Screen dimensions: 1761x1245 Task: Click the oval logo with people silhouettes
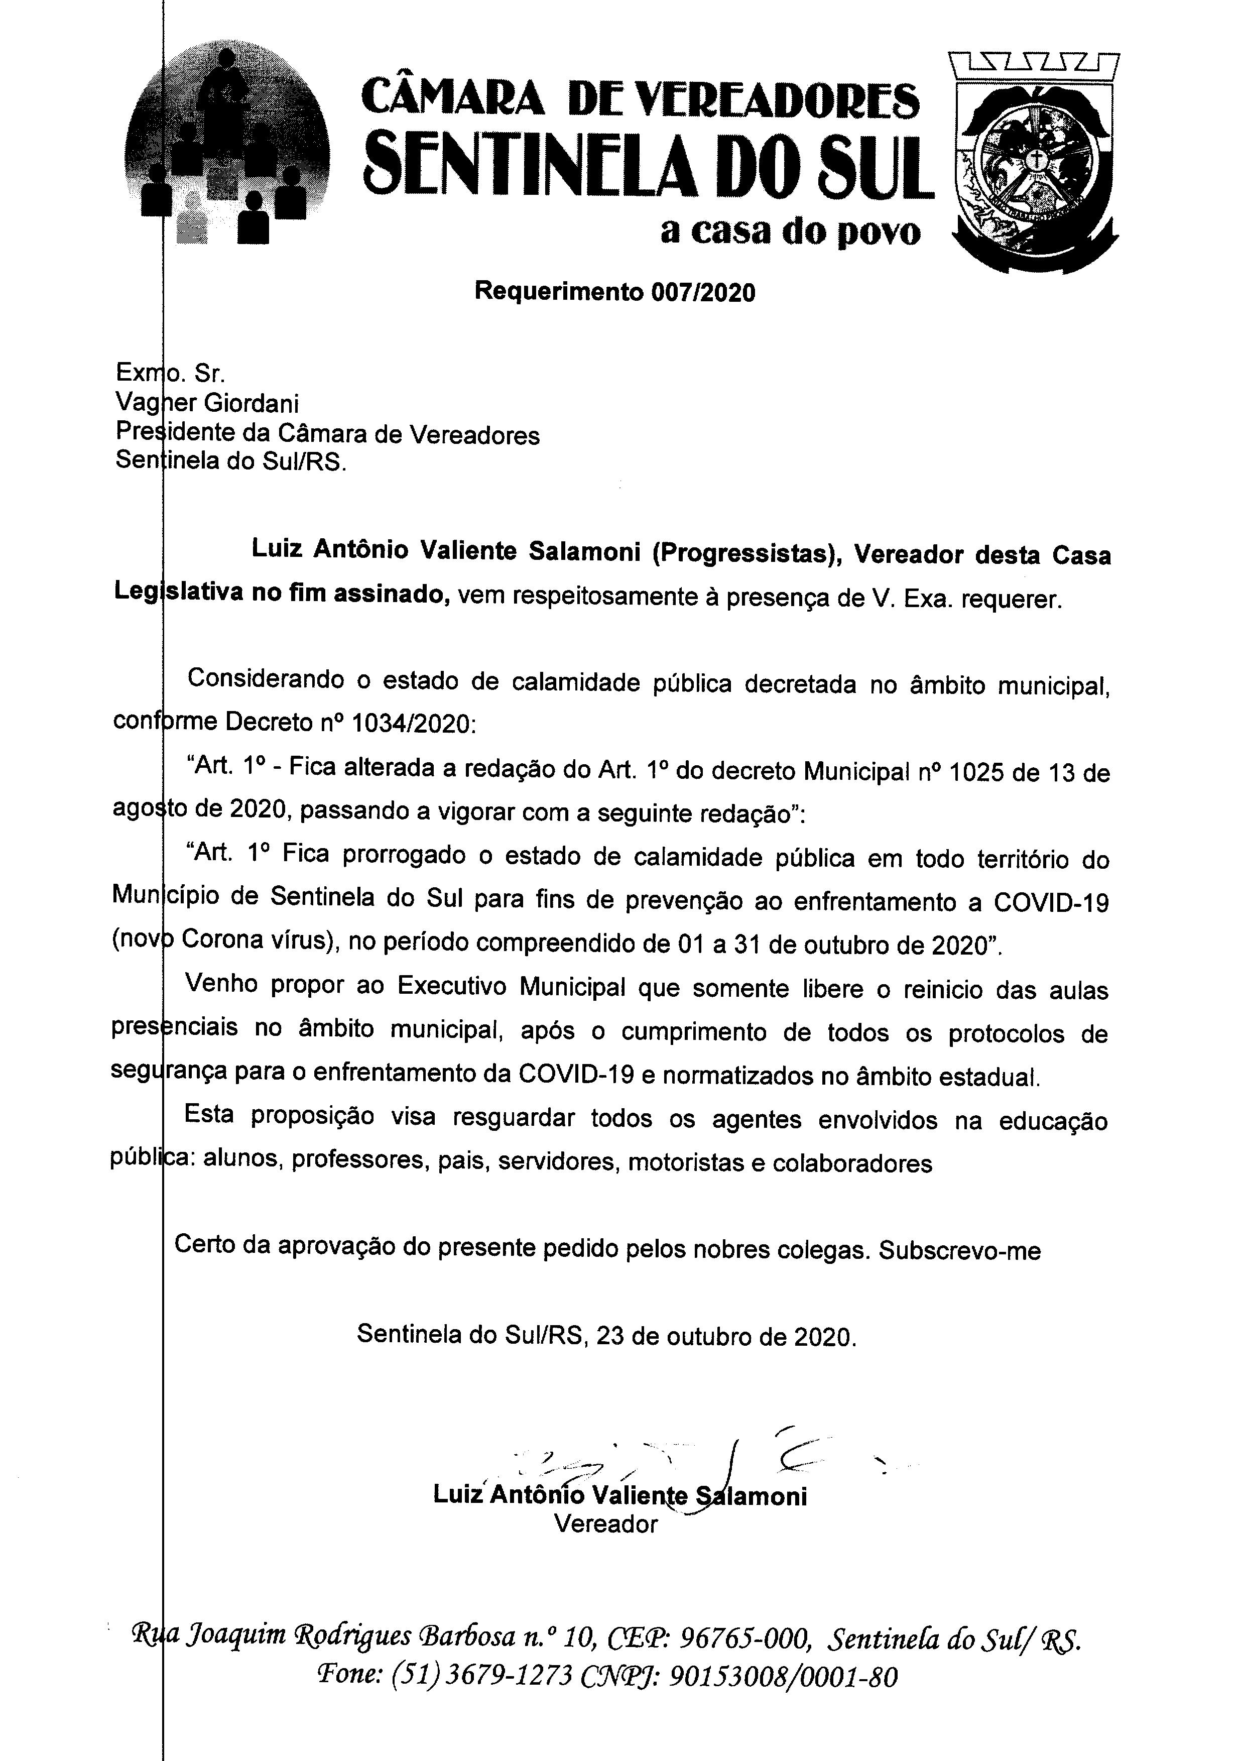point(228,146)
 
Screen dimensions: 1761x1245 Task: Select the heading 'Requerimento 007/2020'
point(615,292)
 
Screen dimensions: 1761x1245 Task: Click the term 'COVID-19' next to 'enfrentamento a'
point(1051,902)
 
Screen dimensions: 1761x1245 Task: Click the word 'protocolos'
point(1006,1033)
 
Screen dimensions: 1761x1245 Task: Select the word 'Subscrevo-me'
point(960,1251)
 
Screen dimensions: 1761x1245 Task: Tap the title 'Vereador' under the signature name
point(605,1520)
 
